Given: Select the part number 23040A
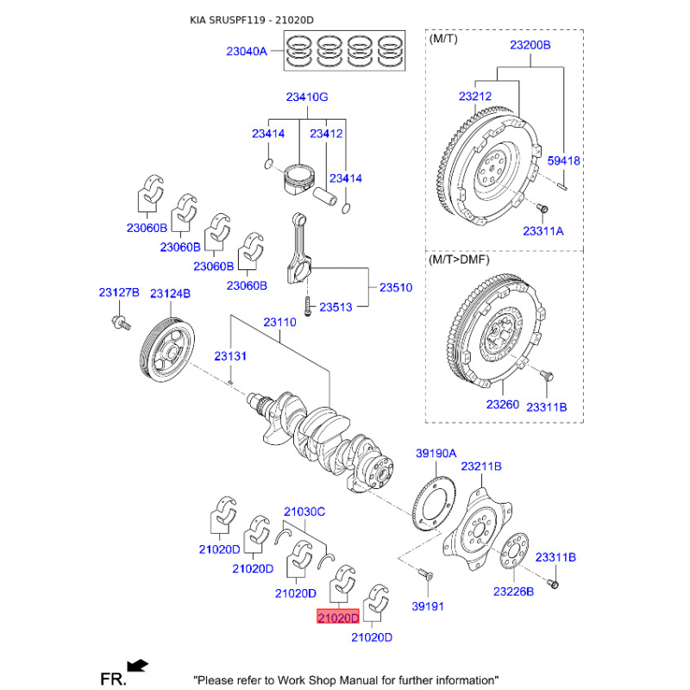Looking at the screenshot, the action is [247, 52].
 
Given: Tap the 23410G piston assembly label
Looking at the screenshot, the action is [307, 97].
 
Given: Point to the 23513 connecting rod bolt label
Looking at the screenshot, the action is [336, 307].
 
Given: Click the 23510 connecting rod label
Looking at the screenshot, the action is [396, 287].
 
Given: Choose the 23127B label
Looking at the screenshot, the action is [119, 292].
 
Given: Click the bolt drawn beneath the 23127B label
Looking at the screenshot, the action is [121, 323].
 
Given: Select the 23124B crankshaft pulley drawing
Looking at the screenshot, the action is [167, 350].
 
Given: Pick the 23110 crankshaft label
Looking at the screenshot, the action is [279, 322].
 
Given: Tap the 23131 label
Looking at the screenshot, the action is [230, 356].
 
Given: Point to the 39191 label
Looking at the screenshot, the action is [428, 606].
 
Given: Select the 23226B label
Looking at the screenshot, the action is [513, 592].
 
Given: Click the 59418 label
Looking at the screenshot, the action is [564, 160].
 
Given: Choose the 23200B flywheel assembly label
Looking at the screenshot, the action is [530, 45].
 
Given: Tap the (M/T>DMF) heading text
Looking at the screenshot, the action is [459, 260].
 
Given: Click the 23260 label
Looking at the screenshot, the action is [503, 404].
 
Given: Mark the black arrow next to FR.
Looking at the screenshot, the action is [138, 665].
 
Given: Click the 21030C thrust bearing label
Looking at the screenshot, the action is [304, 511].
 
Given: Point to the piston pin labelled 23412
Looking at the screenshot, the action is [325, 197].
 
